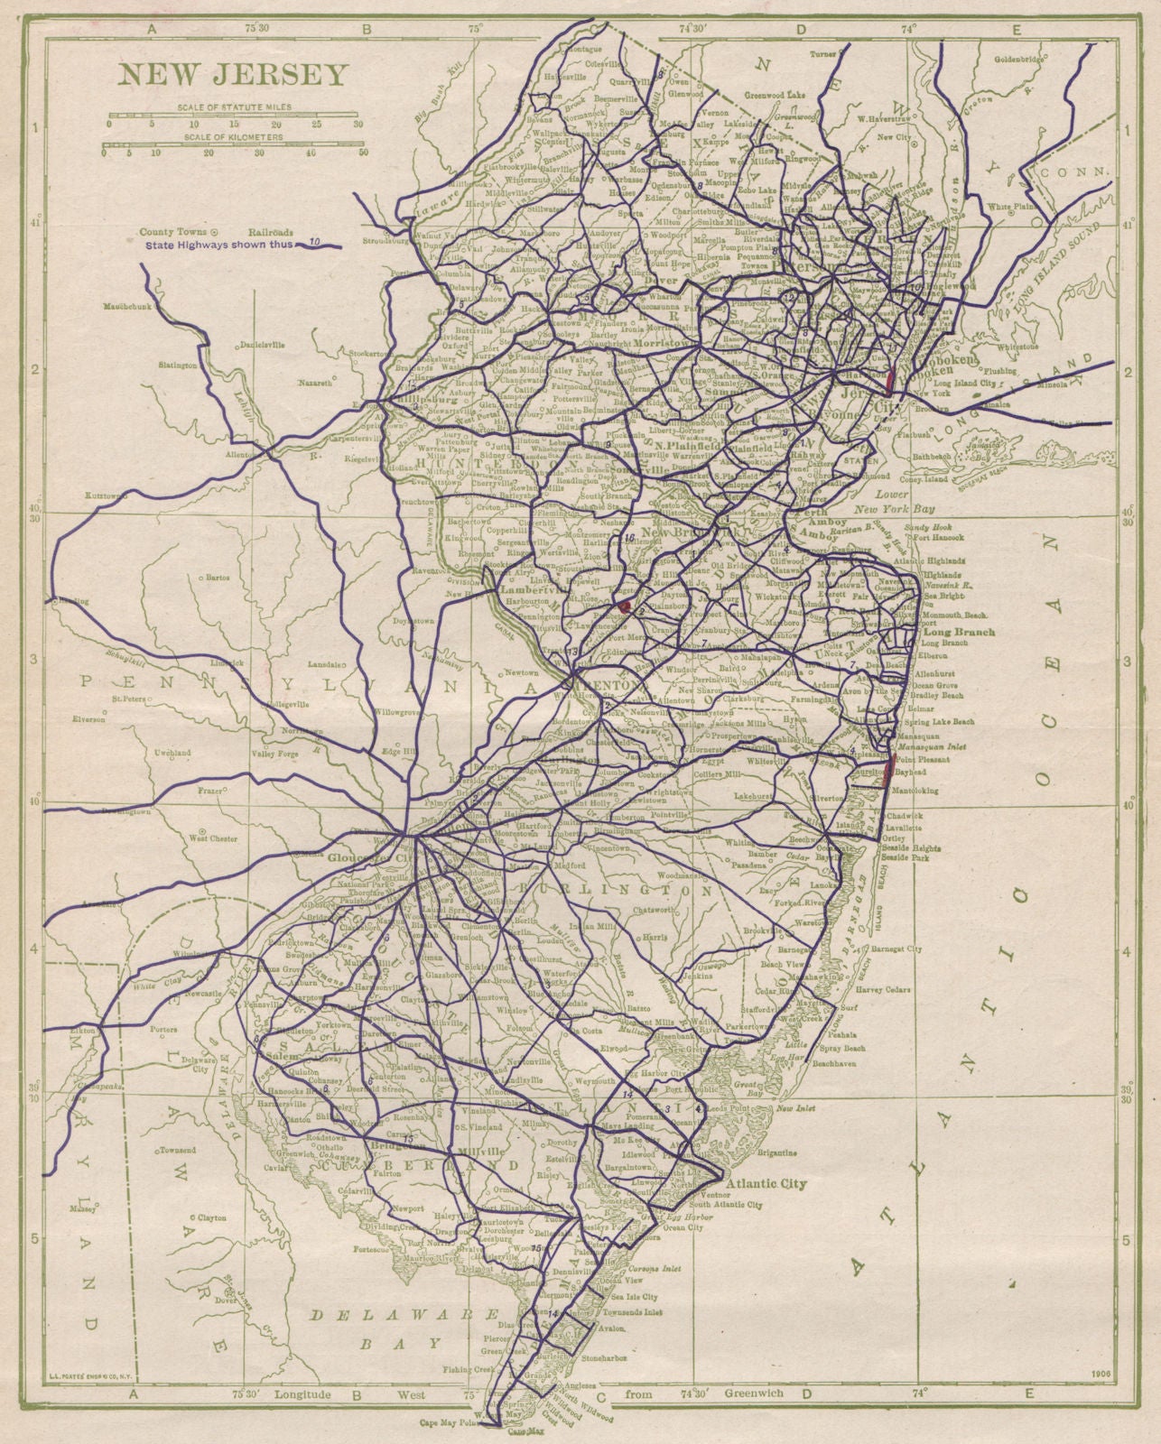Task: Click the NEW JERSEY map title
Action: pos(231,74)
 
